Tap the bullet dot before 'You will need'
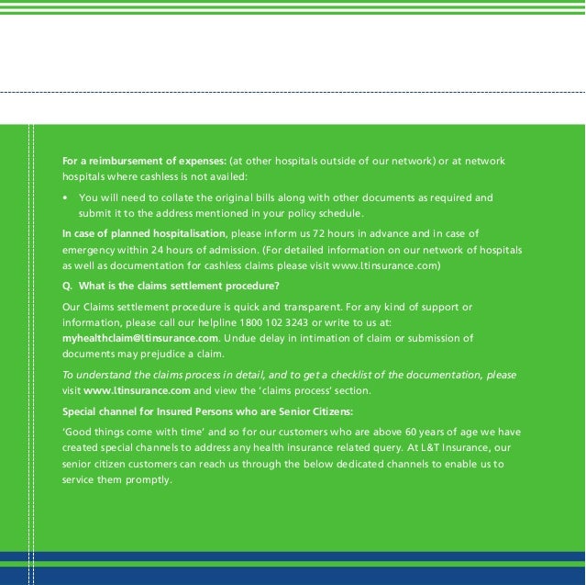coord(65,197)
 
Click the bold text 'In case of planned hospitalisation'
coord(144,233)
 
